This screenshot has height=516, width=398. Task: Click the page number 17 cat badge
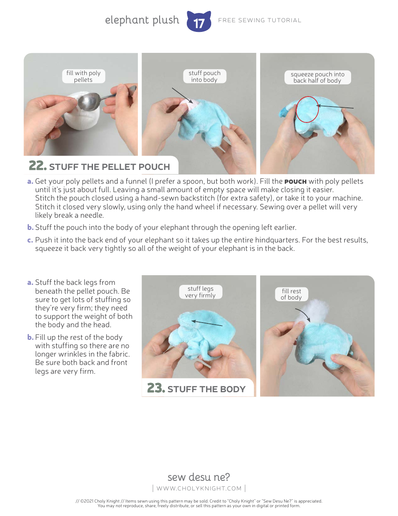199,22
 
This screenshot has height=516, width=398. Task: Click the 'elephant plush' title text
142,20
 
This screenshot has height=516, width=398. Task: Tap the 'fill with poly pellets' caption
83,76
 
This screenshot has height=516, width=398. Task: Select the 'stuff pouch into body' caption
204,76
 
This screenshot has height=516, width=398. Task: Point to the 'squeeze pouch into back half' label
317,78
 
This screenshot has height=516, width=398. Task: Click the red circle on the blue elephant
307,109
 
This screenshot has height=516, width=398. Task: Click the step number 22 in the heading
37,166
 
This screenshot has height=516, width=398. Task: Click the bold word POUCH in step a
295,182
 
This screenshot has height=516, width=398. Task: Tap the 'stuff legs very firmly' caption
200,292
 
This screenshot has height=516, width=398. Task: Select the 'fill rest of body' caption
291,294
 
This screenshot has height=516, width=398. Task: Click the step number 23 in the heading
155,388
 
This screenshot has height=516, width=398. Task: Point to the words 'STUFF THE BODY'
206,389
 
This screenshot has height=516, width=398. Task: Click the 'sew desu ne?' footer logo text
199,477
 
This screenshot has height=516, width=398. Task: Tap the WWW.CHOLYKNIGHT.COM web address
199,488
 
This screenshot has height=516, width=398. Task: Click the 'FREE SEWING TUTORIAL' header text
259,20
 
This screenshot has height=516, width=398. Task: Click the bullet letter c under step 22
30,240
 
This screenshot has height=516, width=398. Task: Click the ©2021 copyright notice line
199,501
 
